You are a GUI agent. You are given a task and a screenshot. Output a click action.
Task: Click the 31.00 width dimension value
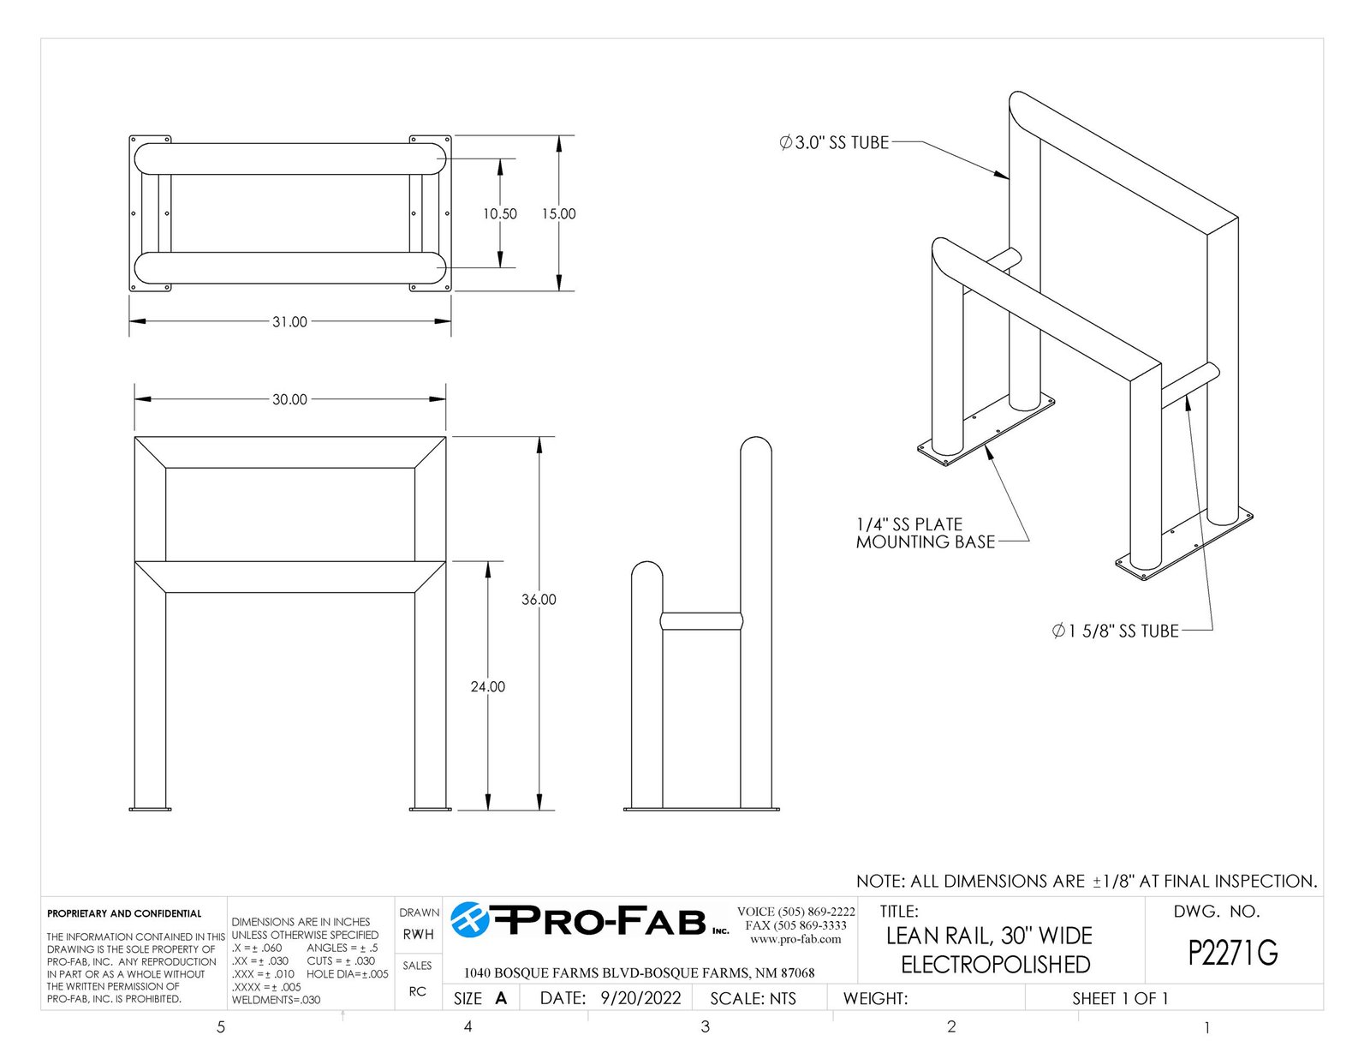[289, 321]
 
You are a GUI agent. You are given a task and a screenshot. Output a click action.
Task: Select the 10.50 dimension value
[500, 214]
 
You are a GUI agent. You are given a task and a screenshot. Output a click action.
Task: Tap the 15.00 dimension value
[558, 214]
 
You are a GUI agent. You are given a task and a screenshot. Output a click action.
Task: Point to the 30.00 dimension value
[289, 399]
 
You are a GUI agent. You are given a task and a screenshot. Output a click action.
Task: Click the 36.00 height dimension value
[539, 599]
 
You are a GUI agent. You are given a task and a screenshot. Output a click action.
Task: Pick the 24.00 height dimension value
[488, 686]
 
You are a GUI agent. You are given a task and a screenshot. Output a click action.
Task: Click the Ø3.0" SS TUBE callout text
[834, 142]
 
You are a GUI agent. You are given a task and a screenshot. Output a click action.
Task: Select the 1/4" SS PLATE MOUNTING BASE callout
[926, 533]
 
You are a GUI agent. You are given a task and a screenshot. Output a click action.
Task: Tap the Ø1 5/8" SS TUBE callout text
[1116, 631]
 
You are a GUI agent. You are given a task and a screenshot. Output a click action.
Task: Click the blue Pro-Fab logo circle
[470, 919]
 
